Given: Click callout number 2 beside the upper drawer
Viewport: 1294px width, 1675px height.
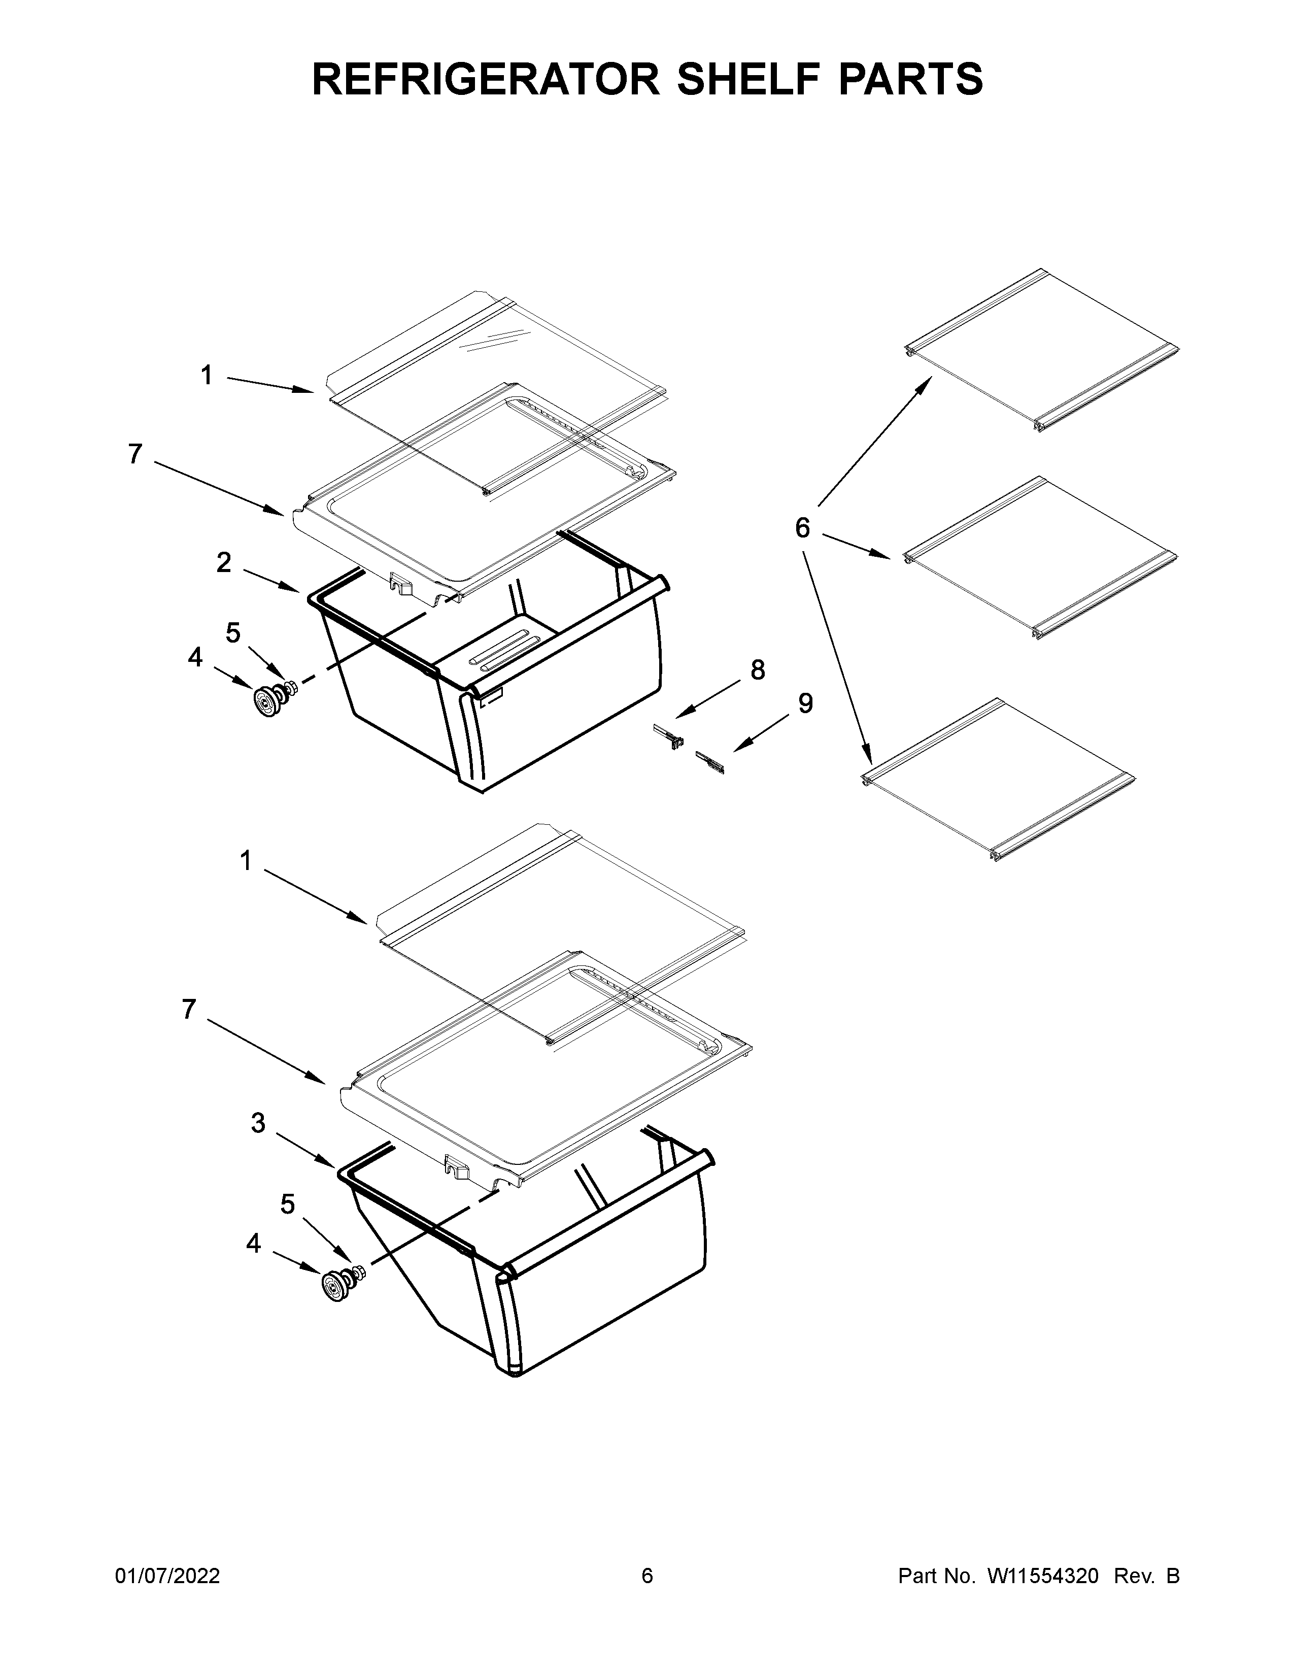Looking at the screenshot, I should [x=223, y=563].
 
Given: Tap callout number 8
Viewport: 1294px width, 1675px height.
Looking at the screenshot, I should [x=758, y=671].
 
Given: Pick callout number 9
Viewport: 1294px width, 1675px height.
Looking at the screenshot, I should [x=805, y=703].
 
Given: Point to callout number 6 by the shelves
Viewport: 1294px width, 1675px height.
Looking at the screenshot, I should [x=802, y=528].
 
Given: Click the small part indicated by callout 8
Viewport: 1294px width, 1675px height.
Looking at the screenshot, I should [x=668, y=735].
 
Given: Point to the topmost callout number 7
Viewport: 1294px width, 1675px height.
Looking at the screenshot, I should [x=135, y=455].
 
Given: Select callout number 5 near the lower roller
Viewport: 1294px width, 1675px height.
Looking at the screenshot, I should [x=287, y=1205].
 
